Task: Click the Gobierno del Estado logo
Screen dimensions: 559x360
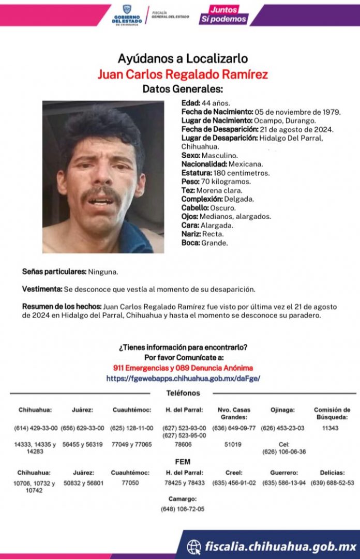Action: (127, 14)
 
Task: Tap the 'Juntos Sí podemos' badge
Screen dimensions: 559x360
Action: (223, 15)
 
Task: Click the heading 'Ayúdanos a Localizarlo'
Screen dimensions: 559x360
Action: (183, 58)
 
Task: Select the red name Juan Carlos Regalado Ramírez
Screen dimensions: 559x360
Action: (183, 74)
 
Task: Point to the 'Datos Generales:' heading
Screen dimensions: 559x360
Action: (183, 89)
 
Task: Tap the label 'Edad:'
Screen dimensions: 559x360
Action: (191, 103)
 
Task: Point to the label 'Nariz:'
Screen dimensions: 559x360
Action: (191, 234)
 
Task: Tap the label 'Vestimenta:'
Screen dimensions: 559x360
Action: (42, 289)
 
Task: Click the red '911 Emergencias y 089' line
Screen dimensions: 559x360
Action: (183, 368)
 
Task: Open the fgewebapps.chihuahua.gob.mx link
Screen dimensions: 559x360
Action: (183, 378)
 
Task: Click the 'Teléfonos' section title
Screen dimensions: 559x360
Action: (183, 393)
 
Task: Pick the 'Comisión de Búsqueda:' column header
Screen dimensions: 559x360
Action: (332, 413)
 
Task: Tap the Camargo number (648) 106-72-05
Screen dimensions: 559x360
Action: (183, 509)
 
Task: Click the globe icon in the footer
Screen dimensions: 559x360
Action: (194, 546)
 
